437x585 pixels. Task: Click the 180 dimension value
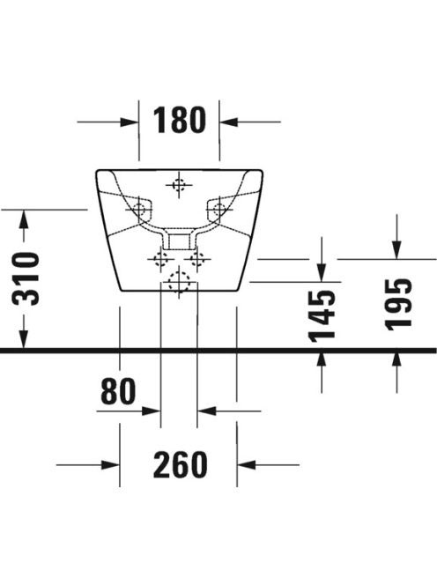pos(180,120)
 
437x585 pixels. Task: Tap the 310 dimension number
pos(26,278)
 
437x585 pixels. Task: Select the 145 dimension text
pos(322,316)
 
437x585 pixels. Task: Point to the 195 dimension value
pos(398,305)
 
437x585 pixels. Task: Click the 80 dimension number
pos(118,391)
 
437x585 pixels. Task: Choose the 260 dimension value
pos(181,464)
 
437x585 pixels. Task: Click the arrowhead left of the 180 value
pos(130,122)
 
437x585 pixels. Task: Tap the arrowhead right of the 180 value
pos(228,122)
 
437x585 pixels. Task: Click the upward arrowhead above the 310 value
pos(24,219)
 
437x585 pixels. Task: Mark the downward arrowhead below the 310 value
pos(24,339)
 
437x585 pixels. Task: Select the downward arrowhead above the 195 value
pos(396,249)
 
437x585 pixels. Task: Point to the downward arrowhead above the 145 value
pos(322,273)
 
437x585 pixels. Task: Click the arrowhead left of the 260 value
pos(110,465)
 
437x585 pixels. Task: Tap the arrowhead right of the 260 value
pos(247,465)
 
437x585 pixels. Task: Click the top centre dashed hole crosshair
pos(179,185)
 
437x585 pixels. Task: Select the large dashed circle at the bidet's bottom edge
pos(179,282)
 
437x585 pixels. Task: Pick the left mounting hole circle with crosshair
pos(139,210)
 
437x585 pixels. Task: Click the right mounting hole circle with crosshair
pos(219,210)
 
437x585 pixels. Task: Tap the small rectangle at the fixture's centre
pos(180,241)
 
